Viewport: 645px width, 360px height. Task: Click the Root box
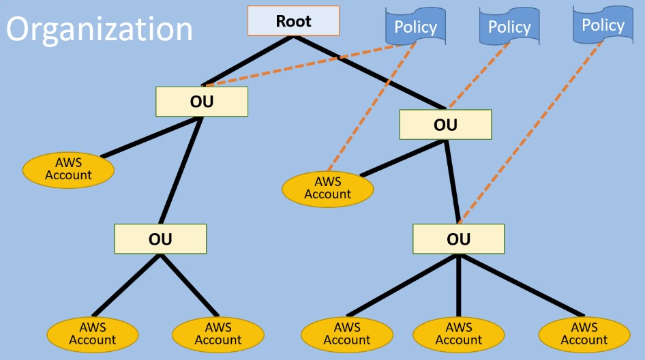[293, 20]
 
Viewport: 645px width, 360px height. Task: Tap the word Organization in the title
[100, 29]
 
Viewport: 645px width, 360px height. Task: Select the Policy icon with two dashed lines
[415, 27]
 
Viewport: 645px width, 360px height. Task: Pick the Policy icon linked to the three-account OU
[603, 25]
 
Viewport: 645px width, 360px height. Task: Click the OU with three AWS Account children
[458, 239]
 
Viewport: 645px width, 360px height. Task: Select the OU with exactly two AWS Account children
[160, 239]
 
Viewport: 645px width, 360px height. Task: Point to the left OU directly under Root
[201, 102]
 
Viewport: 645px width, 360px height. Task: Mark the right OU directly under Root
[445, 125]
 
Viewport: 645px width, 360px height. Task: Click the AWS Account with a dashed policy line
[327, 188]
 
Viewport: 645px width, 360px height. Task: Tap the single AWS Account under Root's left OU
[68, 169]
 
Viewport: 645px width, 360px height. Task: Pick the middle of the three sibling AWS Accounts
[458, 333]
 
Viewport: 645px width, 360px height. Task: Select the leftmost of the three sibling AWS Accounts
[346, 333]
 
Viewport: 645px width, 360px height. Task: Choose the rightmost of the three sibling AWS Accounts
[584, 333]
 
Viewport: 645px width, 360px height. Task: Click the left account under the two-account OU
[92, 333]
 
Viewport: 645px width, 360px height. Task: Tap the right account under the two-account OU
[218, 333]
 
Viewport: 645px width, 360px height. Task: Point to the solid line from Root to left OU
[249, 61]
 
